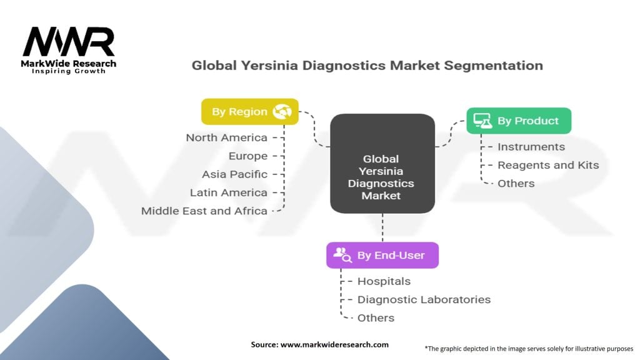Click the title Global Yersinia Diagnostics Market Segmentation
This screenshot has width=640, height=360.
tap(367, 65)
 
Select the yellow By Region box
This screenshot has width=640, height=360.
tap(249, 112)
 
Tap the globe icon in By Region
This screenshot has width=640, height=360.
tap(282, 112)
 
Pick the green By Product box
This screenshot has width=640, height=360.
tap(519, 121)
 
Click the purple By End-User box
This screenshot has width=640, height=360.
tap(382, 255)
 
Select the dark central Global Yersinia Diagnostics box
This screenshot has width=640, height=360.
tap(382, 162)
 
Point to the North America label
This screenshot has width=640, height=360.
tap(226, 137)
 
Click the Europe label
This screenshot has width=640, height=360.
tap(247, 156)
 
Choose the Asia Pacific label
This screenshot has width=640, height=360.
tap(234, 174)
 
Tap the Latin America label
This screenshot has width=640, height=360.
tap(228, 192)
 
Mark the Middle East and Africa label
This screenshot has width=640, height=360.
tap(204, 211)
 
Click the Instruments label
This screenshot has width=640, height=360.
tap(531, 147)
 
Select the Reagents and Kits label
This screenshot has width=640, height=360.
tap(547, 165)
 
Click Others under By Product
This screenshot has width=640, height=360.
tap(516, 183)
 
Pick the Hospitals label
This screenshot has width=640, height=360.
tap(384, 281)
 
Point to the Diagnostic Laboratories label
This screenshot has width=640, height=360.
tap(424, 299)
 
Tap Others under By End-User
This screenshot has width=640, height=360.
tap(376, 317)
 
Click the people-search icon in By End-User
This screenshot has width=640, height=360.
tap(342, 254)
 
